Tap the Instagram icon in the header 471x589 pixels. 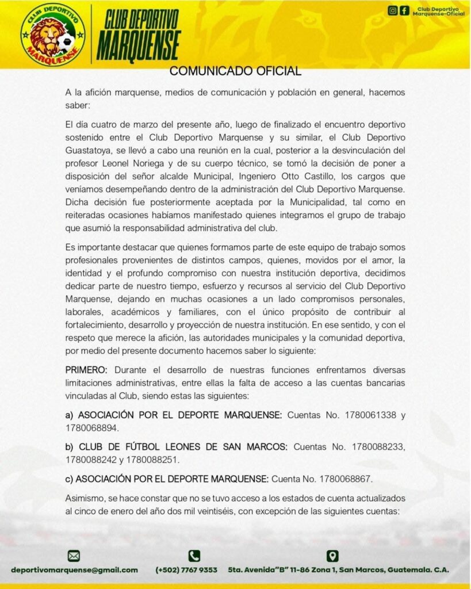pos(393,10)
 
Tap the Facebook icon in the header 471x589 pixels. pos(405,10)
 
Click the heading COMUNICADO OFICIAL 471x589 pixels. pos(235,71)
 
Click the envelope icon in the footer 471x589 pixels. pos(74,556)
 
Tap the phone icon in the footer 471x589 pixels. pos(194,556)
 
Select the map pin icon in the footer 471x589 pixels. pos(332,556)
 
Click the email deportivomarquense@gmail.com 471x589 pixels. pos(74,570)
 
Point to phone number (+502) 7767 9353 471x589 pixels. pos(186,570)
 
